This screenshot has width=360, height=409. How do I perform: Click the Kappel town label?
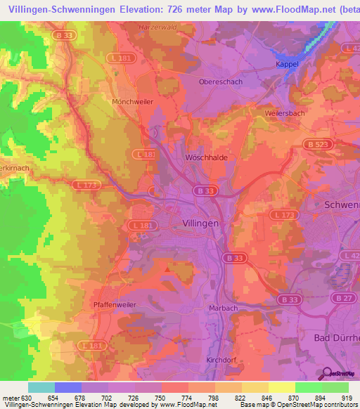coord(287,64)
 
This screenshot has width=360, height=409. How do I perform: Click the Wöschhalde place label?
coord(205,158)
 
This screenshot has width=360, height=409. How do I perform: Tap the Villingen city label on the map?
coord(195,222)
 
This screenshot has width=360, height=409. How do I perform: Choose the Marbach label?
coord(224,309)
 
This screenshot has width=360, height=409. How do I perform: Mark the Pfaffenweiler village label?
coord(114,304)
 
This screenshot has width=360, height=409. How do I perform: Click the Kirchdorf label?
coord(221,360)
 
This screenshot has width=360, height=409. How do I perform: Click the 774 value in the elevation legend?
coord(175,398)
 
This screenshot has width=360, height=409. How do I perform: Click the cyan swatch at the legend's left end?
coord(41,387)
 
